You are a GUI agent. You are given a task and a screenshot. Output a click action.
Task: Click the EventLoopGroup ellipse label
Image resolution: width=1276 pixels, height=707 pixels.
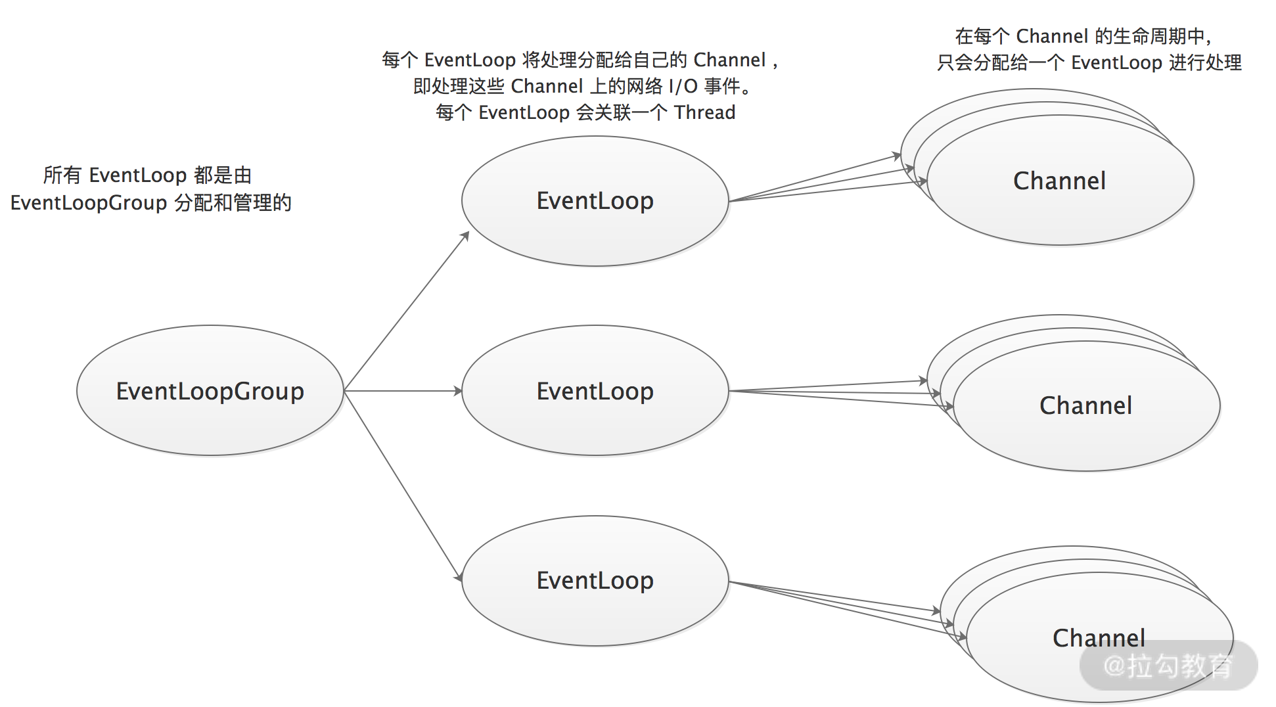tap(210, 391)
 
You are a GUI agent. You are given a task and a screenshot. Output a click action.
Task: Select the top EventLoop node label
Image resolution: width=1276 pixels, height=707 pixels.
tap(595, 200)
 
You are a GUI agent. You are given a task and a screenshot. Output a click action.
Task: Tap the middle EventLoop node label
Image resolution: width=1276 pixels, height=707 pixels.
tap(595, 391)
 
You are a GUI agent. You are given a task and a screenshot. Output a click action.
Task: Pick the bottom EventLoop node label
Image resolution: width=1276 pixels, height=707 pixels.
tap(595, 580)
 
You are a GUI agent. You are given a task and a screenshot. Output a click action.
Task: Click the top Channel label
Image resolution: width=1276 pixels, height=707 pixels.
tap(1059, 181)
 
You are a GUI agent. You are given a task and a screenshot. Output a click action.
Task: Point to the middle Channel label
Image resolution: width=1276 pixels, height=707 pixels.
tap(1085, 405)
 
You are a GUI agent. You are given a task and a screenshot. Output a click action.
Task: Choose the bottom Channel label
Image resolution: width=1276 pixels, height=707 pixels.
tap(1099, 637)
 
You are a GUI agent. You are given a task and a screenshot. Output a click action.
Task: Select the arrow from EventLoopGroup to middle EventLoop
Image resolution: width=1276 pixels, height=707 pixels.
tap(402, 391)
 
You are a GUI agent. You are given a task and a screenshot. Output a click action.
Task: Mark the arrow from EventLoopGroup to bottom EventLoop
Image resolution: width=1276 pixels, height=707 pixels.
tap(402, 485)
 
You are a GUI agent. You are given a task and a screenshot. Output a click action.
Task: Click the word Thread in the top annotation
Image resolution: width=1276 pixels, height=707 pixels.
tap(704, 112)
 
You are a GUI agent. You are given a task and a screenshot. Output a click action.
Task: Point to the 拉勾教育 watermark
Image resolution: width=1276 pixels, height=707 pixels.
tap(1168, 666)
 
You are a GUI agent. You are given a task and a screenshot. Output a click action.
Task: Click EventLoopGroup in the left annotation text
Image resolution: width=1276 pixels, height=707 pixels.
tap(89, 202)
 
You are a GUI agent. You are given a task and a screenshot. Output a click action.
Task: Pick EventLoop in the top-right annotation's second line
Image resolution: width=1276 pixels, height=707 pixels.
tap(1116, 62)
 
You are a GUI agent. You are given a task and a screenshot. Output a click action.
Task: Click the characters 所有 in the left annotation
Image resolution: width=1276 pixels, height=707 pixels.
tap(62, 175)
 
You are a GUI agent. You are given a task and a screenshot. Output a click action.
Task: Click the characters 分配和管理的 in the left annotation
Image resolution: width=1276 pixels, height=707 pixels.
tap(233, 202)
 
